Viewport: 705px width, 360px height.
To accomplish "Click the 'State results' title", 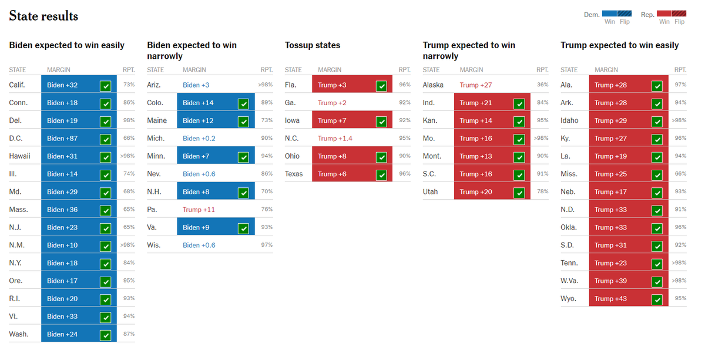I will click(x=43, y=16).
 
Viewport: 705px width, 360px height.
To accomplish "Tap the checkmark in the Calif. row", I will click(x=105, y=86).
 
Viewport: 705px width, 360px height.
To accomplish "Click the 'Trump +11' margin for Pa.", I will click(x=199, y=210).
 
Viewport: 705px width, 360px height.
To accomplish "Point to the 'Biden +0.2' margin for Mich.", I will click(x=199, y=139).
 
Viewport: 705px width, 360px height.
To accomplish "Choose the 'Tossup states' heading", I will click(x=313, y=45).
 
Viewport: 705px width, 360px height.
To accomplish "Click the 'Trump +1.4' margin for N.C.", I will click(x=335, y=139).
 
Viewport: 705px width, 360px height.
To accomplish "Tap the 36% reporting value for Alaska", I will click(x=542, y=85).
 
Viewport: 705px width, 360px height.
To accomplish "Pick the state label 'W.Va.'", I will click(x=569, y=281).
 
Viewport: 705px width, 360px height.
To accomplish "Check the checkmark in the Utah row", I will click(x=519, y=193).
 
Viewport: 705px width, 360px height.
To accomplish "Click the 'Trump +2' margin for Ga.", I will click(x=332, y=103).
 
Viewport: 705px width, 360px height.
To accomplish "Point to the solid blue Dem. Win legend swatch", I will click(x=609, y=14).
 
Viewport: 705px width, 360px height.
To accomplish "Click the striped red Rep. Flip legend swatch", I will click(x=680, y=14).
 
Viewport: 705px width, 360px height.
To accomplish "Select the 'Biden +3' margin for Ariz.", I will click(x=196, y=85).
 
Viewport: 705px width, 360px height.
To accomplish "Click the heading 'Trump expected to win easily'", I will click(x=619, y=45).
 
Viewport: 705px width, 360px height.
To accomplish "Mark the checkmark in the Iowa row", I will click(x=381, y=122).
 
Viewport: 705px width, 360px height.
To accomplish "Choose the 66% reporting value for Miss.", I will click(x=680, y=174).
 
